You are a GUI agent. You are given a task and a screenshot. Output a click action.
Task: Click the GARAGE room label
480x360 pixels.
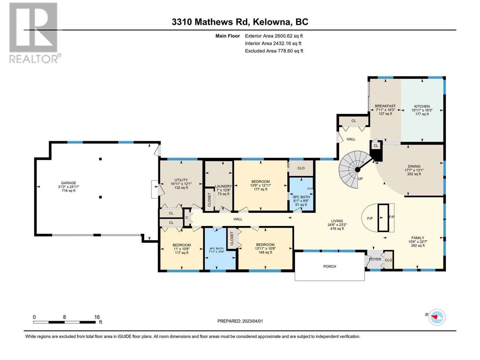tap(68, 183)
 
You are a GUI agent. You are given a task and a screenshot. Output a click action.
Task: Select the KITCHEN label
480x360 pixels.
tap(422, 106)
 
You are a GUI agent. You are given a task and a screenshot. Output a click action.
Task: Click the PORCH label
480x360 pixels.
tap(330, 266)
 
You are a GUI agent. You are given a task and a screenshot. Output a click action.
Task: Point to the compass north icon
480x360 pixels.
tap(437, 317)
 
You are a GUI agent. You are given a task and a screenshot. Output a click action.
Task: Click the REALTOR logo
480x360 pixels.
tap(34, 33)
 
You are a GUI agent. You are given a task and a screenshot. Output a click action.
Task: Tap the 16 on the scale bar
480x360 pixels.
tap(97, 317)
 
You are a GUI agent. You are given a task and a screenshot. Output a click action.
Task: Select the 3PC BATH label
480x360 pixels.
tap(301, 197)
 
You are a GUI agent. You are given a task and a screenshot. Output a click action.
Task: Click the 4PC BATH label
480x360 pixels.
tap(216, 248)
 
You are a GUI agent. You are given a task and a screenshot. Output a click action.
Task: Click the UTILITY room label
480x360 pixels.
tap(181, 180)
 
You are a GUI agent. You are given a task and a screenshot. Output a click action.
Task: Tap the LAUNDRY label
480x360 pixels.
tap(223, 186)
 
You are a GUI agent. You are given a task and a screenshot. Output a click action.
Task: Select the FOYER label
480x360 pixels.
tap(375, 259)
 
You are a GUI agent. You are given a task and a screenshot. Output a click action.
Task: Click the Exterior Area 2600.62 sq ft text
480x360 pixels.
tap(274, 36)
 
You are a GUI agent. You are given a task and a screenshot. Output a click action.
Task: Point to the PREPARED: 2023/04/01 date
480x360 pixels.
tap(240, 321)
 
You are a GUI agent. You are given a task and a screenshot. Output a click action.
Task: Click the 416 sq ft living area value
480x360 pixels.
tap(337, 229)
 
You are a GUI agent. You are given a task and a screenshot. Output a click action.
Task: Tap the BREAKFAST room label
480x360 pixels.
tap(385, 106)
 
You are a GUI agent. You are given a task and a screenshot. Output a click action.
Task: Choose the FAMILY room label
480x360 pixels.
tap(418, 238)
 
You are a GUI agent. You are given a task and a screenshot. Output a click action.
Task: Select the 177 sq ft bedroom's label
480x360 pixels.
tap(260, 181)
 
